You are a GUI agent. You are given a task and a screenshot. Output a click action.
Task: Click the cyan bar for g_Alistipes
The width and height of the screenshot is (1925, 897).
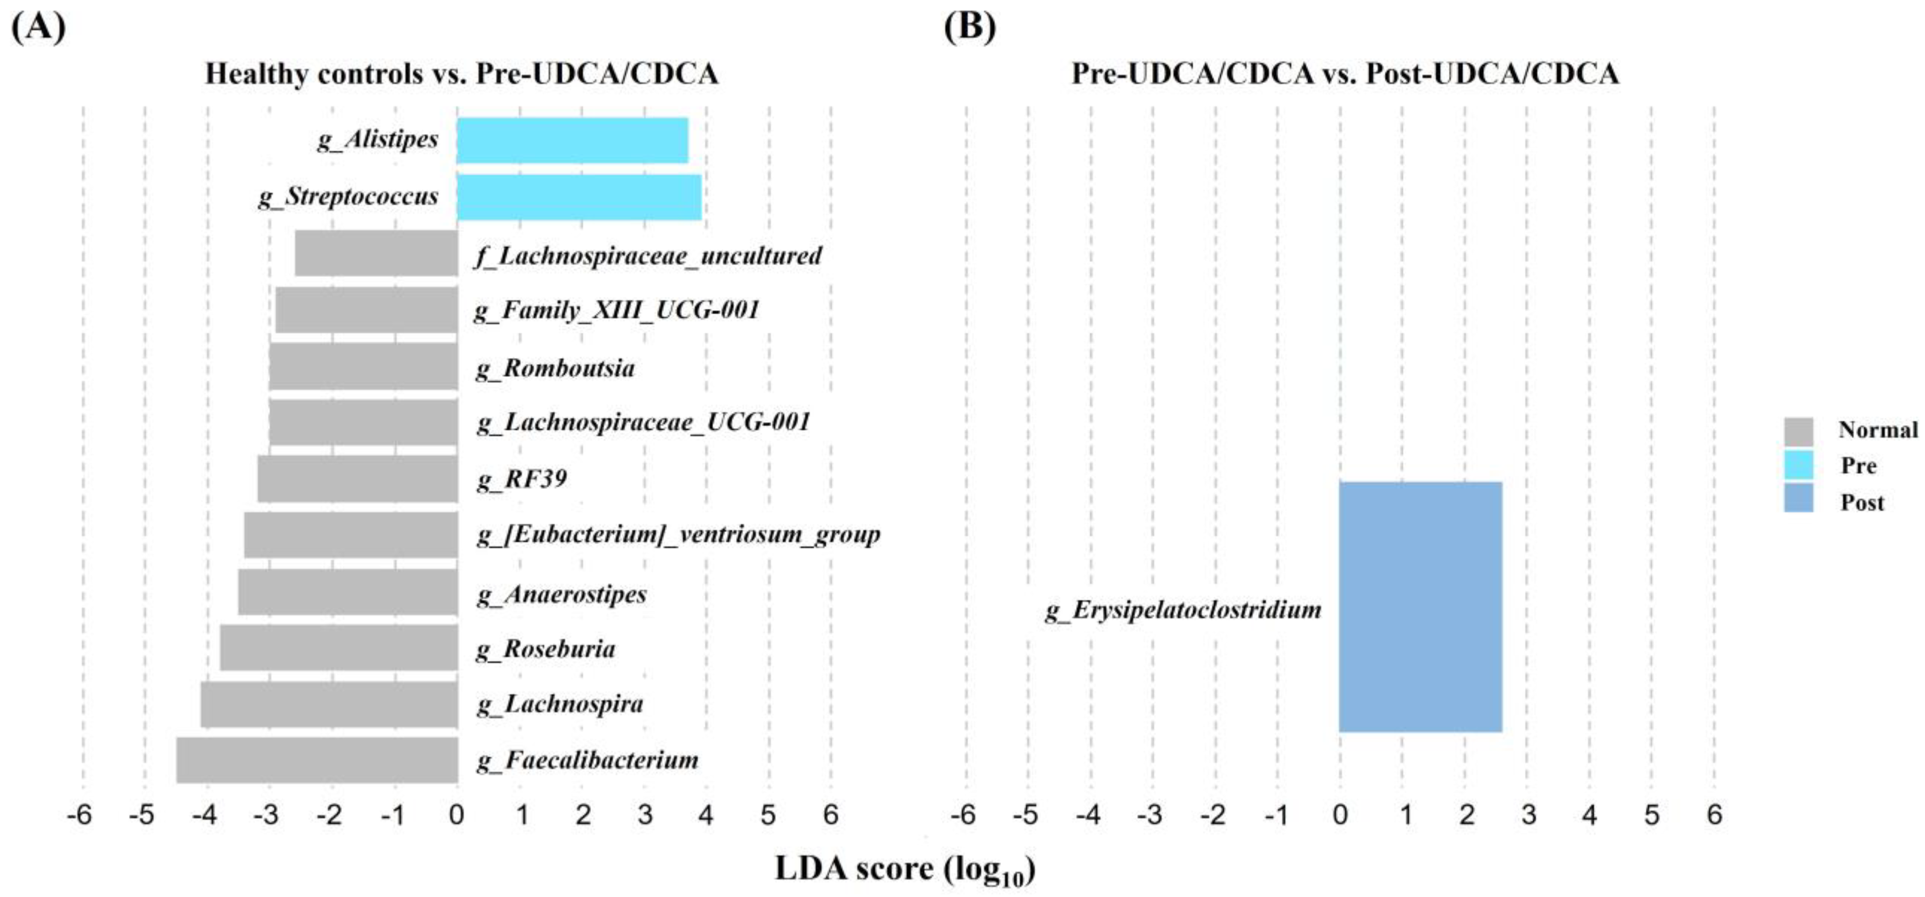coord(572,141)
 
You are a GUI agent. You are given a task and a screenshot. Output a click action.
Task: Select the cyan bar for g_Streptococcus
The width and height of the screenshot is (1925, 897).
coord(579,197)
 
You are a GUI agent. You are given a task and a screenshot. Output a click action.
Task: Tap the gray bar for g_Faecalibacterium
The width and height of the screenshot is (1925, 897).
coord(316,760)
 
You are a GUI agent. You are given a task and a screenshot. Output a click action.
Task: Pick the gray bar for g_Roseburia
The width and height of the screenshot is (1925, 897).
coord(338,648)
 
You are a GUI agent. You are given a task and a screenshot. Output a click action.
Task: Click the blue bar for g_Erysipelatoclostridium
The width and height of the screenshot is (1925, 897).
coord(1420,607)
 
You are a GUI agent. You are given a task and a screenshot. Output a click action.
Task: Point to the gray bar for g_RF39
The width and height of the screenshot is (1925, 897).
coord(357,478)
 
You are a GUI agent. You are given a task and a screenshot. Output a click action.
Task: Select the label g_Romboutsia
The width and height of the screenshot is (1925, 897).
coord(555,368)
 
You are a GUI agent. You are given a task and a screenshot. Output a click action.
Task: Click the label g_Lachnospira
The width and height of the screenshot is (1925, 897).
coord(560,704)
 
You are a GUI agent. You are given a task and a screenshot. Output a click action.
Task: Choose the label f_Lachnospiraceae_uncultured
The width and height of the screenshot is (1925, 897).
coord(648,256)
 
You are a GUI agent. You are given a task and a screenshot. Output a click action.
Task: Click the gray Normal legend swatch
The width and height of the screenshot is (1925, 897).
coord(1798,431)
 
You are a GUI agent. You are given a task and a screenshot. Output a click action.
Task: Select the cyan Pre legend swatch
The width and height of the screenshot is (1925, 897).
coord(1798,465)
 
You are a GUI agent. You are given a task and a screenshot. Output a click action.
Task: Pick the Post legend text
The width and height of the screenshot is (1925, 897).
coord(1861,502)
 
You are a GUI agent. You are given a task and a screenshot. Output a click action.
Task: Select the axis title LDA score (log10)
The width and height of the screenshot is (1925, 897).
coord(904,869)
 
